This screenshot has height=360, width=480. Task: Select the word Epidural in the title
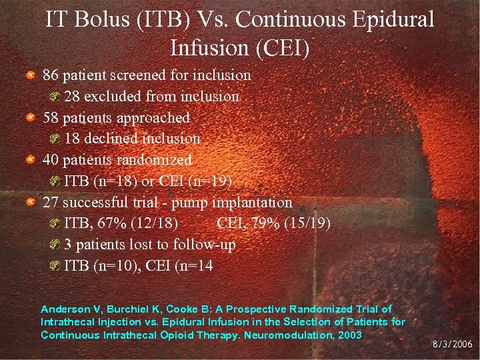(389, 19)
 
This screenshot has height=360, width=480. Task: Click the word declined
(114, 139)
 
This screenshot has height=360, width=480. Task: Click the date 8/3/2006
(453, 345)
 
